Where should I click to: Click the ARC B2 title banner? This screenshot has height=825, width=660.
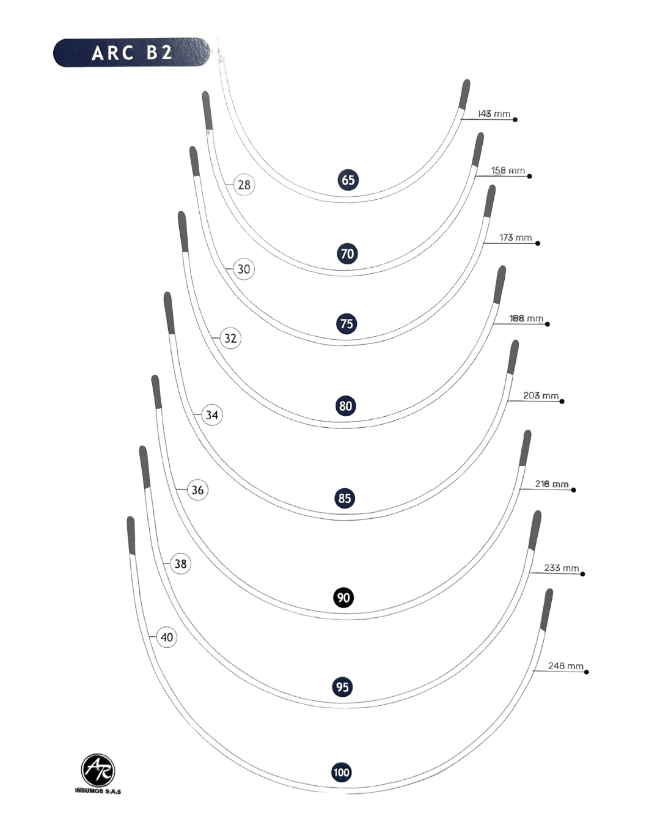(x=132, y=53)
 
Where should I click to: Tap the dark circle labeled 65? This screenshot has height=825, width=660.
(x=348, y=180)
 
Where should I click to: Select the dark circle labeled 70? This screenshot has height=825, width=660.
(x=347, y=254)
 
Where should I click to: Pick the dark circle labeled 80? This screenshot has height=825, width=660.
(x=345, y=406)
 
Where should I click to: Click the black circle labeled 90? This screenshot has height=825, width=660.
(x=343, y=597)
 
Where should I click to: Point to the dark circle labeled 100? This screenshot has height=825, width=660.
(x=342, y=772)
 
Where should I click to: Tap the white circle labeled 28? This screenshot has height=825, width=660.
(x=244, y=185)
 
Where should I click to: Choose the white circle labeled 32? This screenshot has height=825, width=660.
(x=230, y=338)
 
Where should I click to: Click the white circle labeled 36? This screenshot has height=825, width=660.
(x=197, y=490)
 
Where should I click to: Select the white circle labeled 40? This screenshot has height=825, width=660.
(x=166, y=637)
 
